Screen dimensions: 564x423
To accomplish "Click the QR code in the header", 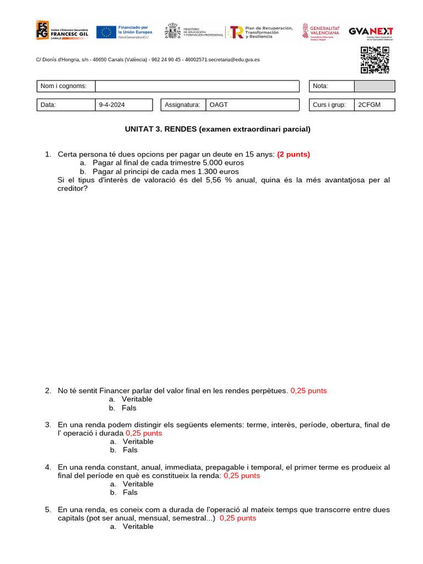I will (375, 60).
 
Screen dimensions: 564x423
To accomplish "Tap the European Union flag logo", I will (106, 32).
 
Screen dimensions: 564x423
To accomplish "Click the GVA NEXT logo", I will (371, 32).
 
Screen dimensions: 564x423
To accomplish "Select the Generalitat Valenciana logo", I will (321, 32).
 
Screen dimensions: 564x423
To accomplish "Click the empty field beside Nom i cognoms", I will (197, 86).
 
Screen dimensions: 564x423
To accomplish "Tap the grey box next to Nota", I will (374, 86).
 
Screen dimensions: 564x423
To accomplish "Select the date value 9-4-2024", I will (112, 105).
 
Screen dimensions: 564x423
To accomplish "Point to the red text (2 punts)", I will (293, 154).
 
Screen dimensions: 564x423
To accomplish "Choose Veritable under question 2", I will (137, 399).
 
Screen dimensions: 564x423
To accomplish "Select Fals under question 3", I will (130, 450).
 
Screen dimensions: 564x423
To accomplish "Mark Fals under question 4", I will (130, 492).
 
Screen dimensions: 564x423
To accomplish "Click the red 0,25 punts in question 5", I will (237, 518).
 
